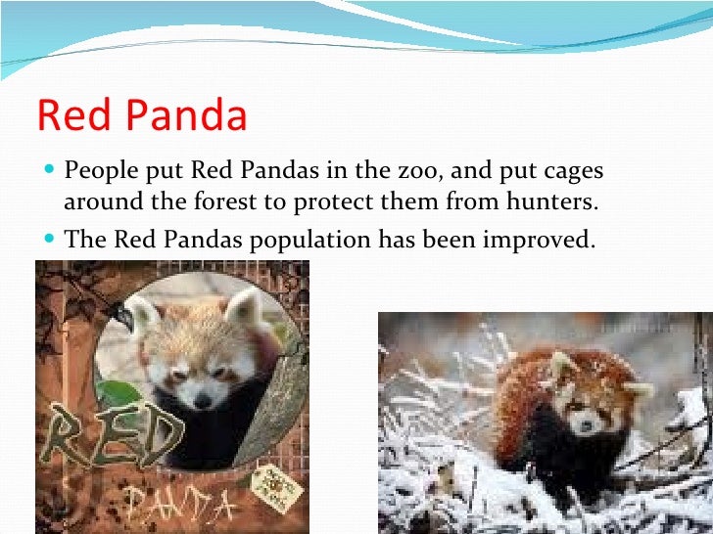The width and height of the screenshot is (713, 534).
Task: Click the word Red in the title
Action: [71, 116]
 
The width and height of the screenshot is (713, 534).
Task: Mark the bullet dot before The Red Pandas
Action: [50, 238]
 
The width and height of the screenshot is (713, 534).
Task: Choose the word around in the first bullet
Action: [99, 204]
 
